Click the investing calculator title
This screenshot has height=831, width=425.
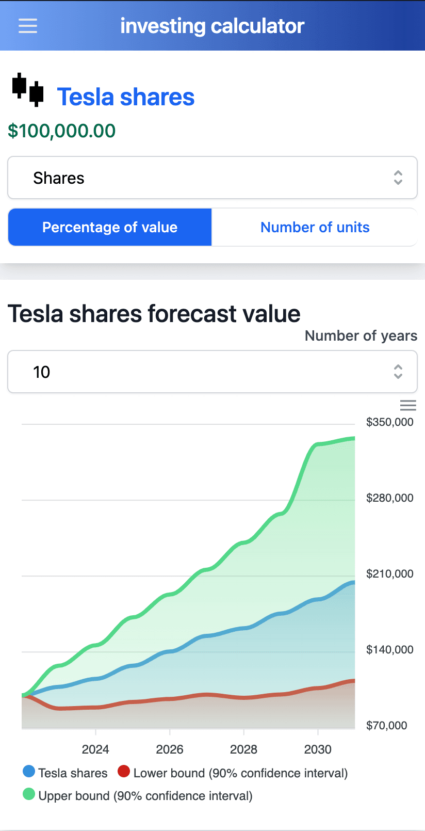coord(212,26)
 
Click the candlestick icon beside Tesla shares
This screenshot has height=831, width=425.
coord(28,90)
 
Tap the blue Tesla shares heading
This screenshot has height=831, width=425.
coord(126,97)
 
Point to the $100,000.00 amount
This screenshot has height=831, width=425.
coord(62,131)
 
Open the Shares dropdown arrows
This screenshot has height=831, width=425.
coord(398,178)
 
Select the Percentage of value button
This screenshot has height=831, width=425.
coord(110,227)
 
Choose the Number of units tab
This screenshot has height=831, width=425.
coord(315,227)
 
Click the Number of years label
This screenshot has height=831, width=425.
coord(361,335)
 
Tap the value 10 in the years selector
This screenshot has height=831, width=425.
coord(42,372)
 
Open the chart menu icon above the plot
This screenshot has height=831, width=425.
coord(408,405)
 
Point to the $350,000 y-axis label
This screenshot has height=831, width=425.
coord(389,422)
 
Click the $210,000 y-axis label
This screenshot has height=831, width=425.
coord(389,574)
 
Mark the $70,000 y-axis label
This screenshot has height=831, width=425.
coord(386,726)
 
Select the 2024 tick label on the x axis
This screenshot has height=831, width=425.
coord(95,749)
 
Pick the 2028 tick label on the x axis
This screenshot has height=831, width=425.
coord(243,749)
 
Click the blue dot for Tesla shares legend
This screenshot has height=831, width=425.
coord(29,772)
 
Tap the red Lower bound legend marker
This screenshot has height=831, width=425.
coord(124,772)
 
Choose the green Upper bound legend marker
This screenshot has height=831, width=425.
coord(29,794)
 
